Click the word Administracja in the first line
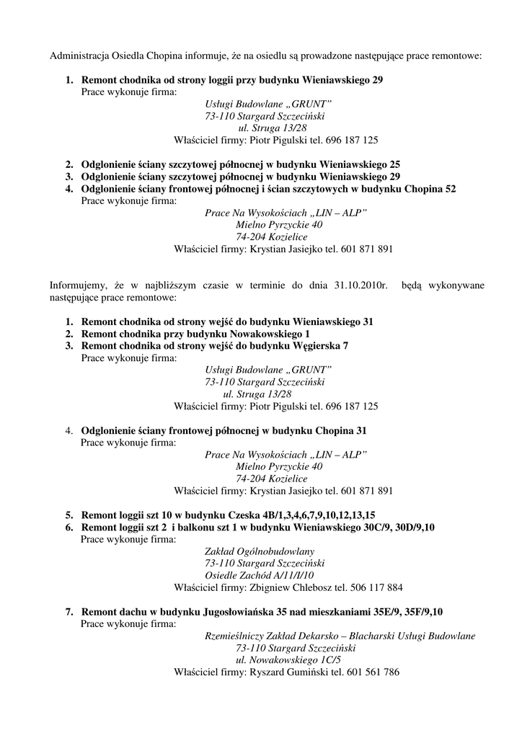[78, 55]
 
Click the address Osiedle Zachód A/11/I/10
[259, 574]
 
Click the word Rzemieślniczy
[236, 636]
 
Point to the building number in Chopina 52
[449, 188]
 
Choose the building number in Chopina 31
[360, 430]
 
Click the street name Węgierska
[315, 345]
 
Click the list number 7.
[69, 612]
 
